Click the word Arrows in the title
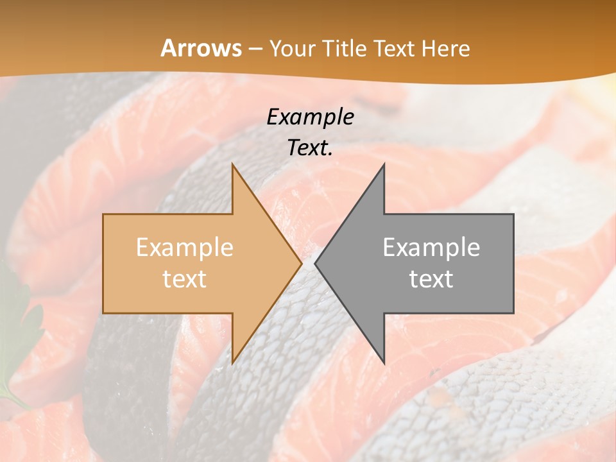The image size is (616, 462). [201, 48]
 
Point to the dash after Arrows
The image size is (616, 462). [255, 49]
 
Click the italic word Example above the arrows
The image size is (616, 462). [311, 117]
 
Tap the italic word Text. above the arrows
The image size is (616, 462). [311, 148]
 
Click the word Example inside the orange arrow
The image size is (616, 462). [185, 248]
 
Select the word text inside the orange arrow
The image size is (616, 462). [185, 279]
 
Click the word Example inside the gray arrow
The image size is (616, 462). [431, 248]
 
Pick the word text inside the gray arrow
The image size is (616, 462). [431, 279]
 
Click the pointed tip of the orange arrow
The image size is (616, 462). [301, 263]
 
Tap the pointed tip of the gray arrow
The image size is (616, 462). [316, 263]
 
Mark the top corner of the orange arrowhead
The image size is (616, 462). [232, 164]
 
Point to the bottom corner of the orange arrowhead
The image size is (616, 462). [232, 363]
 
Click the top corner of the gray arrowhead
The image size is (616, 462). [384, 164]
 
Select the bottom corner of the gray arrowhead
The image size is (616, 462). [384, 363]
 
